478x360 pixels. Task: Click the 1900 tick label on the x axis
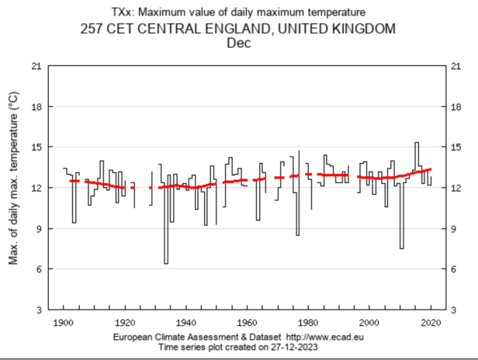(64, 323)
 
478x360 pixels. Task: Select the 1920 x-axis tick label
(124, 323)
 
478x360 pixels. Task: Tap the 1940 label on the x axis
(185, 323)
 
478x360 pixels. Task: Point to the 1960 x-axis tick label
(246, 323)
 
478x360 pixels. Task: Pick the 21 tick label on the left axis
(37, 66)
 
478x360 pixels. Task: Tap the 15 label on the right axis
(455, 147)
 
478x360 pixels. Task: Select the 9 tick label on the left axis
(39, 228)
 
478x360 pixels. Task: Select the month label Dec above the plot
(239, 43)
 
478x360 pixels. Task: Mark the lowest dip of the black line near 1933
(166, 264)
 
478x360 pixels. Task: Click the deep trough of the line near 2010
(402, 248)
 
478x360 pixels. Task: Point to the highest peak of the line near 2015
(416, 143)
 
